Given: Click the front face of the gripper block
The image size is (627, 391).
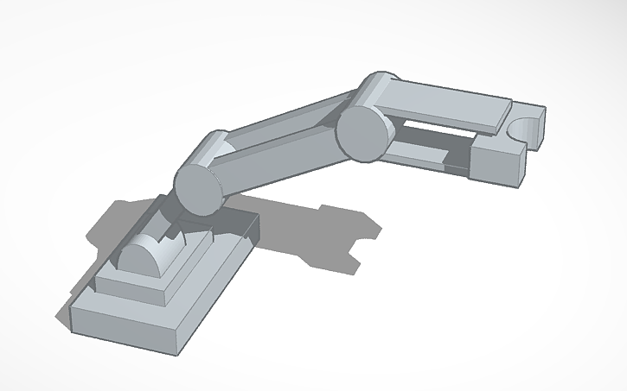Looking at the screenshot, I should [x=498, y=163].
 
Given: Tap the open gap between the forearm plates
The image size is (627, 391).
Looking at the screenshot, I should [x=432, y=134].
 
